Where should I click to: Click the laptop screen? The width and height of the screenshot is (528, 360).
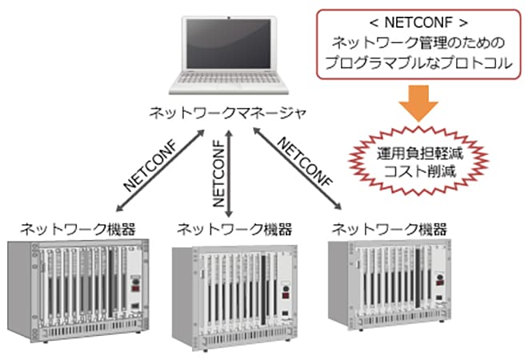click(228, 49)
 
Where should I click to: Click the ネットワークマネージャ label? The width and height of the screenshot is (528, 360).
click(228, 114)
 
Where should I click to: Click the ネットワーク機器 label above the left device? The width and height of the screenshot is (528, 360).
click(68, 228)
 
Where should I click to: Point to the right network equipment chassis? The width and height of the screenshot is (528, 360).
click(393, 288)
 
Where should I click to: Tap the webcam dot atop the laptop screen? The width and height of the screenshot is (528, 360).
click(229, 17)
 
